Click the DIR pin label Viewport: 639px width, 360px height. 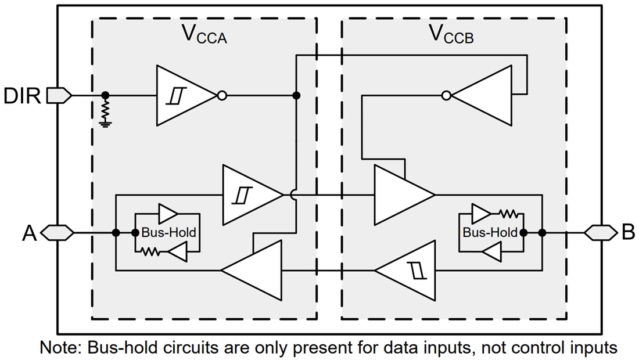click(x=22, y=95)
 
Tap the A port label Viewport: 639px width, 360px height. click(x=30, y=233)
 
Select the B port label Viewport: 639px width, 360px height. click(x=628, y=233)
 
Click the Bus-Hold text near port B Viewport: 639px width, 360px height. click(x=490, y=233)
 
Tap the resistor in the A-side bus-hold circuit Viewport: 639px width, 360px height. click(x=151, y=252)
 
